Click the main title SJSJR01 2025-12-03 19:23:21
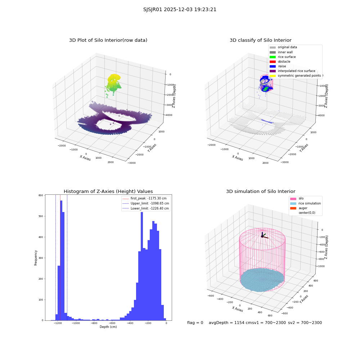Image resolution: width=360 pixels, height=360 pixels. [x=180, y=10]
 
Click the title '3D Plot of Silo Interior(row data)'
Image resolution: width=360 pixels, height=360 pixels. [x=108, y=40]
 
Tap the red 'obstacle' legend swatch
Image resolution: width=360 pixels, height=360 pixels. [x=273, y=62]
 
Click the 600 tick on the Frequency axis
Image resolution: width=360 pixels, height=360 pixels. [x=41, y=195]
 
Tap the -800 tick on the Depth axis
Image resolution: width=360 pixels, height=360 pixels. [x=94, y=323]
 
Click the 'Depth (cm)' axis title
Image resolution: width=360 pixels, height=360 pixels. [x=108, y=327]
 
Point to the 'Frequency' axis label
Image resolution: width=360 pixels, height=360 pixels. [x=36, y=258]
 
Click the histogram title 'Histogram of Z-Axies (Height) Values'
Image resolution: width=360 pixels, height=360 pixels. [x=108, y=192]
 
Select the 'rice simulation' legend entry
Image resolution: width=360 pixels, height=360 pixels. [x=310, y=203]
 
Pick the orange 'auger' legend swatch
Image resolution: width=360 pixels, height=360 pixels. [x=293, y=208]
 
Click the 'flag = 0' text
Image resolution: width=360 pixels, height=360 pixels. [x=195, y=323]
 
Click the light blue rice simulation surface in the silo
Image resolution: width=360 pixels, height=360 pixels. [x=262, y=280]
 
